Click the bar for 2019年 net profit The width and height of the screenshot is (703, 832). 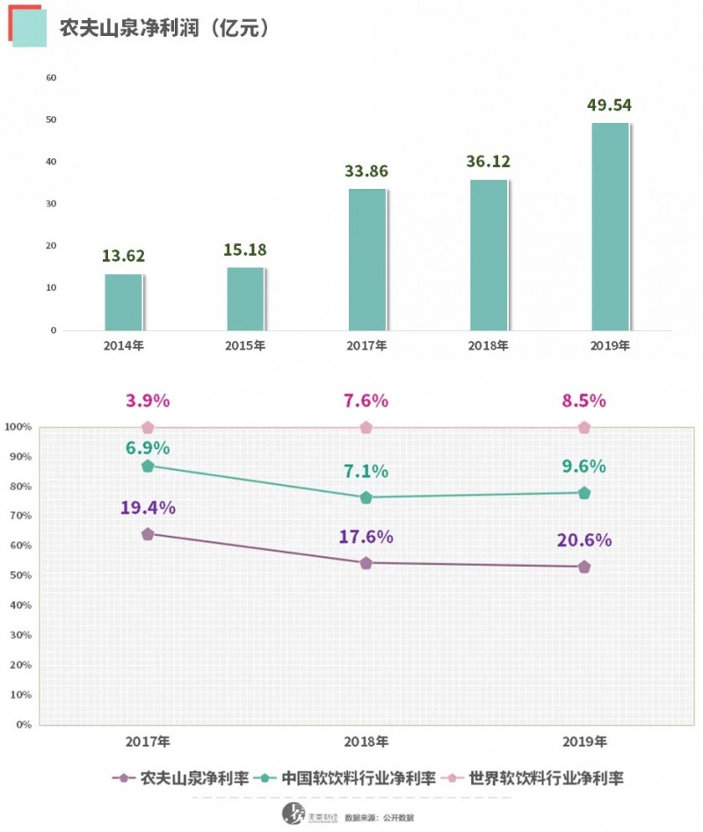(x=609, y=227)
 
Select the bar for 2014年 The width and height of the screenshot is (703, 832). (x=123, y=302)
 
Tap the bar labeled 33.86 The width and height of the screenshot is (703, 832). (x=366, y=259)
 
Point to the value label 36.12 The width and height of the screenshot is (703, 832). (x=489, y=162)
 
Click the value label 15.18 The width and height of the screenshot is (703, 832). (x=245, y=250)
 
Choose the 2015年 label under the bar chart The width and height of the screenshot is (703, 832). (x=245, y=345)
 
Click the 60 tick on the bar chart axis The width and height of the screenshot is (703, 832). (x=51, y=77)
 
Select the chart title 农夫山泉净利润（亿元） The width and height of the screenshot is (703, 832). (x=163, y=28)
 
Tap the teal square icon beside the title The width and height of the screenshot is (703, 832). (x=26, y=28)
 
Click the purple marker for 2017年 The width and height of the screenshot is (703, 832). (x=148, y=534)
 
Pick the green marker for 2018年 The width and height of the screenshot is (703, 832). (x=366, y=497)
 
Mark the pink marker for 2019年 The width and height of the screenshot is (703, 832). (x=584, y=428)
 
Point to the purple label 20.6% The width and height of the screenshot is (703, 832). (x=583, y=540)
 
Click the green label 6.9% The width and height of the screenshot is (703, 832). (x=148, y=448)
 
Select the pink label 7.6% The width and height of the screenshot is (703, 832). (x=366, y=401)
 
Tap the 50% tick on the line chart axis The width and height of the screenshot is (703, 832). (x=19, y=575)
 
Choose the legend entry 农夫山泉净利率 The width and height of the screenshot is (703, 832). (x=175, y=778)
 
